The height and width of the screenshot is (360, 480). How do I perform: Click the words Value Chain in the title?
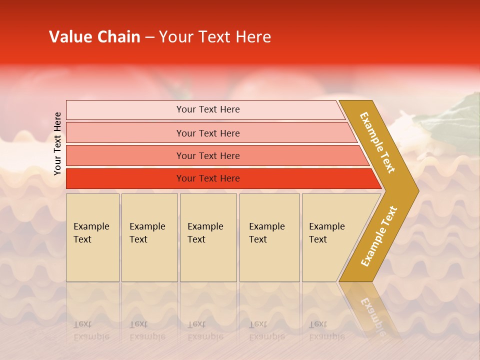point(94,37)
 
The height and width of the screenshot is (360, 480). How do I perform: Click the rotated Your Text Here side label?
point(58,143)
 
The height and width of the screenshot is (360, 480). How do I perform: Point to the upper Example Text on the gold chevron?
point(377,142)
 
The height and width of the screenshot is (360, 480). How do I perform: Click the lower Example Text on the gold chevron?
point(379,236)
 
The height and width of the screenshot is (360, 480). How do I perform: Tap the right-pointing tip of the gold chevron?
point(415,190)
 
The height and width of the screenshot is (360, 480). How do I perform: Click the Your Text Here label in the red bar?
point(208,178)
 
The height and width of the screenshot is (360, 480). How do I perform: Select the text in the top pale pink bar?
point(208,109)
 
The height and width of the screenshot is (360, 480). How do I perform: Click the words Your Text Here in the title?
point(215,37)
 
